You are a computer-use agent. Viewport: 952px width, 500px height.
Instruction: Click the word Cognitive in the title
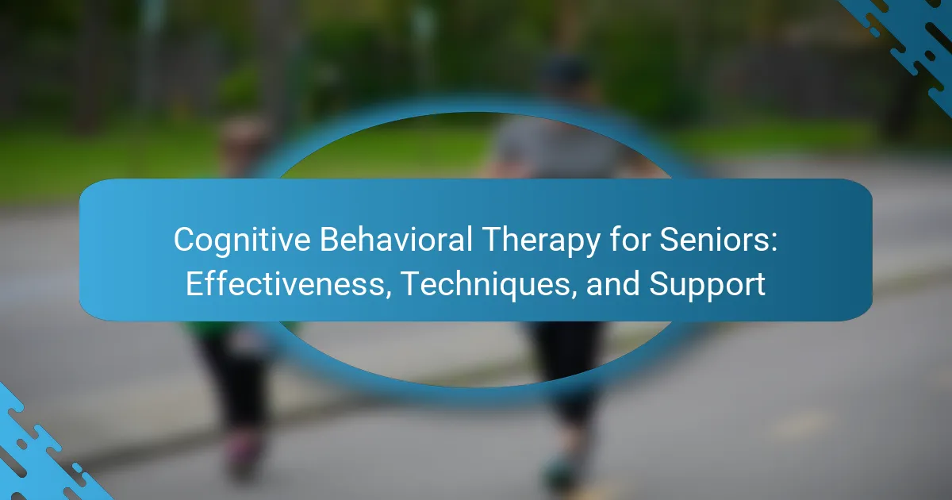click(x=242, y=240)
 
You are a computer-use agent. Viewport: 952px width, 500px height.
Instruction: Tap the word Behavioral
click(x=396, y=240)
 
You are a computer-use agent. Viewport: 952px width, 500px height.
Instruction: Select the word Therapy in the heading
click(x=541, y=240)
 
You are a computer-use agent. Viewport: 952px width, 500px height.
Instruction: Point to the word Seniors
click(x=714, y=240)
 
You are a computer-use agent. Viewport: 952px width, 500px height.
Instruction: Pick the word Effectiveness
click(x=285, y=283)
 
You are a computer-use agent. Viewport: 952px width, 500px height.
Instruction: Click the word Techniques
click(x=486, y=285)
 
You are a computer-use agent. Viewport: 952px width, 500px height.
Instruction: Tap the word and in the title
click(x=612, y=283)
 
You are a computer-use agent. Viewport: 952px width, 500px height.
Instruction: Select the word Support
click(x=707, y=285)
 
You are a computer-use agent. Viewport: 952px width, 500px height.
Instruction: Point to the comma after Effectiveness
click(x=388, y=294)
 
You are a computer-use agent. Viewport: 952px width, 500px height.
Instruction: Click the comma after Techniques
click(x=574, y=294)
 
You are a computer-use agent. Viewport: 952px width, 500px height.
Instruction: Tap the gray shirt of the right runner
click(x=557, y=149)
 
